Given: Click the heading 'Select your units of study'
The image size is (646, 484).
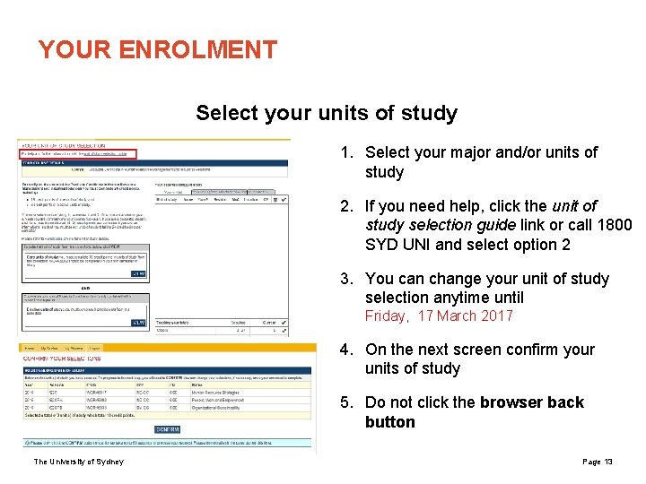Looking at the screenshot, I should (327, 114).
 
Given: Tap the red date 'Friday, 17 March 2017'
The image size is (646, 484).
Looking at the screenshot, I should (439, 315).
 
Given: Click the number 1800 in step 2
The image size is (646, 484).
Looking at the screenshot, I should (614, 225).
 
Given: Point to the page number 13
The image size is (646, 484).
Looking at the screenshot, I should (608, 462).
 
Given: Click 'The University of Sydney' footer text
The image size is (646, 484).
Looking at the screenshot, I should (79, 462).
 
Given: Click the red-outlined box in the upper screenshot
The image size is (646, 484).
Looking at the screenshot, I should (79, 154).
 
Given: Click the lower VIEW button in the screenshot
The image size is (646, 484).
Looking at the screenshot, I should (137, 323).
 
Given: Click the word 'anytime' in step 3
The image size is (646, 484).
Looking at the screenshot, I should (464, 298).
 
